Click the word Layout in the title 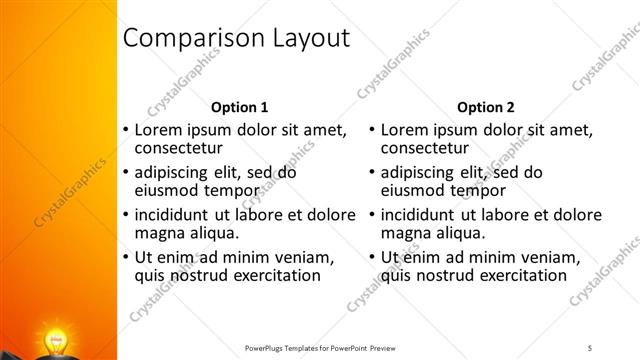point(303,39)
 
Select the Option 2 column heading point(486,107)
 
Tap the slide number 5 point(590,347)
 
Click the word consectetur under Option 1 point(179,149)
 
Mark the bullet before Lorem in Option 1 point(125,130)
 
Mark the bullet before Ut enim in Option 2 point(372,257)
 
